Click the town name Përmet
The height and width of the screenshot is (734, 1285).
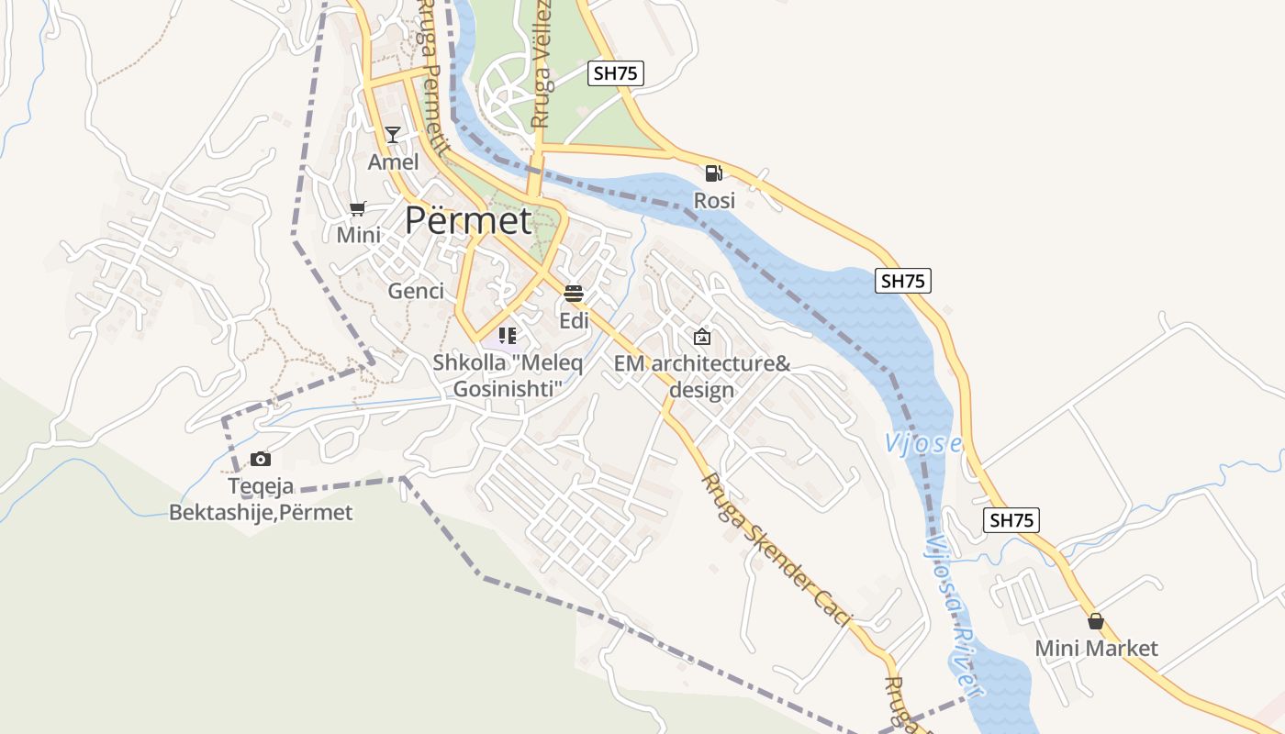point(468,221)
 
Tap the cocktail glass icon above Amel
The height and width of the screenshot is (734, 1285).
point(393,135)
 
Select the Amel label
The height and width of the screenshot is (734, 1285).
point(393,162)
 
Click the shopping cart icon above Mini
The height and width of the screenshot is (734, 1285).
point(358,208)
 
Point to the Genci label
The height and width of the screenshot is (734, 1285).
point(416,291)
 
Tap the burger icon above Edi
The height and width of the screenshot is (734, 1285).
point(575,294)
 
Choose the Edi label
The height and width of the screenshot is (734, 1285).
point(575,321)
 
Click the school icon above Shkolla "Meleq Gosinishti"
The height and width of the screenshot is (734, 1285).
point(508,336)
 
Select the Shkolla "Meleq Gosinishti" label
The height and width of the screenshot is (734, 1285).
point(508,376)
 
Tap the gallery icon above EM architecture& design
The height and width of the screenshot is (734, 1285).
point(702,337)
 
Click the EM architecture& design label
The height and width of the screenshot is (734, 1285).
point(702,376)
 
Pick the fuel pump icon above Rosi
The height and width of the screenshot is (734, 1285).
point(713,172)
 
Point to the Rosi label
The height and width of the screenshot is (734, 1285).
point(714,200)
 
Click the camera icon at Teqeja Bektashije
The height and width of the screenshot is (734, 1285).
point(261,459)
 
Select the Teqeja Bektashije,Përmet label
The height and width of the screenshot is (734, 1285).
point(261,499)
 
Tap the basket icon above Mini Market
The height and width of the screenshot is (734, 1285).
point(1095,621)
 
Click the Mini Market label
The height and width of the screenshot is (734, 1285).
point(1096,649)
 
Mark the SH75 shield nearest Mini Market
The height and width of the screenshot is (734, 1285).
point(1011,520)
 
